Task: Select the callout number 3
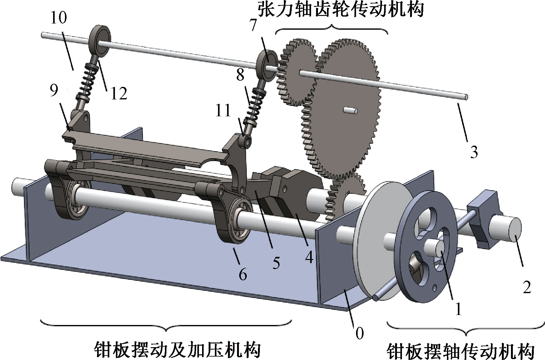tap(474, 152)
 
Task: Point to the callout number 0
tap(359, 333)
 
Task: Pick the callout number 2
tap(527, 287)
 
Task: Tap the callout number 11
tap(223, 111)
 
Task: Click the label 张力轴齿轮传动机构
tap(341, 9)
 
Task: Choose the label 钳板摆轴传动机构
tap(461, 352)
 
